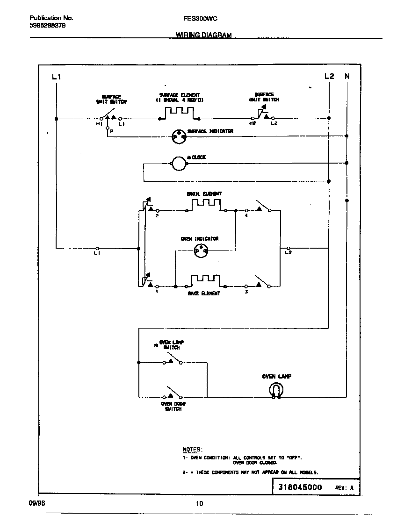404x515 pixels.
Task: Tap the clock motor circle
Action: (178, 163)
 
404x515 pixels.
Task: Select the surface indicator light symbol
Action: (178, 136)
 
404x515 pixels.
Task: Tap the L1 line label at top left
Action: (56, 77)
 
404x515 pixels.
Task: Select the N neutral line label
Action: (346, 76)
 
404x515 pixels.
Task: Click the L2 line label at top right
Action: (329, 76)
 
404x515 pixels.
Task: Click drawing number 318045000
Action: (300, 487)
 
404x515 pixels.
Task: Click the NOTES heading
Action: (192, 449)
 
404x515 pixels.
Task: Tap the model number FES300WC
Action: (196, 18)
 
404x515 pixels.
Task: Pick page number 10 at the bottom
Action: (199, 503)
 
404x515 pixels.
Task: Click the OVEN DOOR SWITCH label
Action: (173, 406)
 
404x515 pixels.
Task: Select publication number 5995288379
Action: (44, 26)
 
